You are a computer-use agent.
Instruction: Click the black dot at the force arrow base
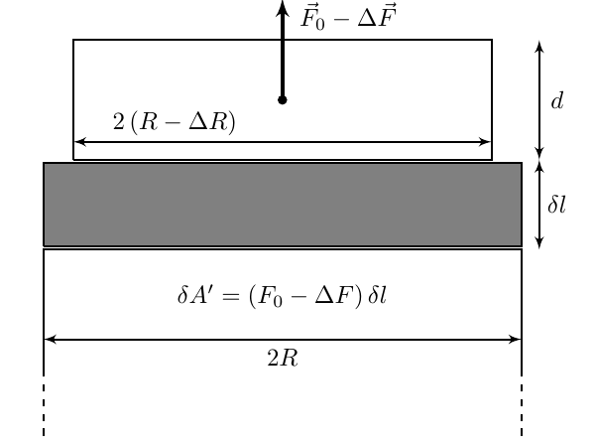(282, 100)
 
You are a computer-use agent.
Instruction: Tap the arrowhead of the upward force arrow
(283, 8)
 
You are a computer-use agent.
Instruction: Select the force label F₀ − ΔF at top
(348, 16)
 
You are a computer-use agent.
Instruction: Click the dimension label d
(557, 101)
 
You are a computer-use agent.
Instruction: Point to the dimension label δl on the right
(556, 205)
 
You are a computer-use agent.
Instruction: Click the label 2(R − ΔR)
(175, 122)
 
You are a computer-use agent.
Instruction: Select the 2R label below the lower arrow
(283, 358)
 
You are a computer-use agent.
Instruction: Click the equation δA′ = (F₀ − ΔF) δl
(282, 295)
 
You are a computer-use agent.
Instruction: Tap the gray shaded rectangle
(283, 205)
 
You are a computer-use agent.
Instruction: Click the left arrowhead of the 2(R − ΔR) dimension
(79, 142)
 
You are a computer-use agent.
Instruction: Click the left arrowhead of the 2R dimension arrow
(50, 340)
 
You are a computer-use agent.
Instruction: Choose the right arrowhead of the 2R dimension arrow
(516, 340)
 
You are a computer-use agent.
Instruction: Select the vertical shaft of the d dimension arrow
(539, 99)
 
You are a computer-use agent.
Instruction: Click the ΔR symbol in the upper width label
(208, 122)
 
